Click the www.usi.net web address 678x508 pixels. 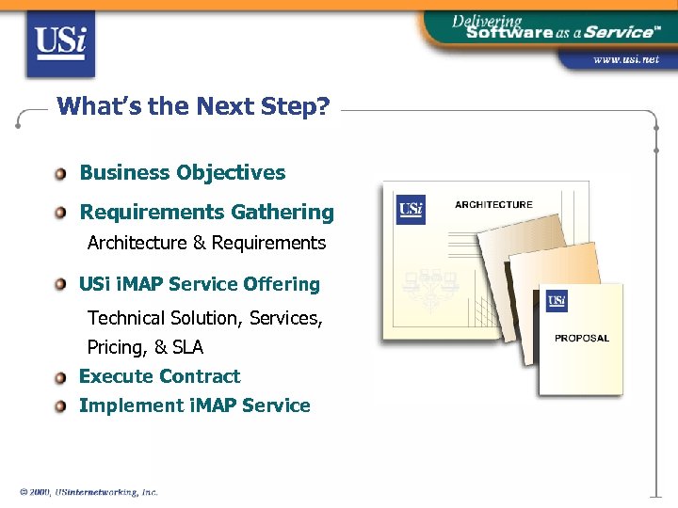click(625, 59)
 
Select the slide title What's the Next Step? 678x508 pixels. click(193, 105)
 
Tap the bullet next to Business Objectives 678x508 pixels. click(61, 173)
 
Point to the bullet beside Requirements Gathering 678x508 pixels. click(61, 214)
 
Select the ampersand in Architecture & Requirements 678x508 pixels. click(199, 244)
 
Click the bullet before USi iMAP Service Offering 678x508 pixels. click(61, 284)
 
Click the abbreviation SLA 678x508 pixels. click(187, 347)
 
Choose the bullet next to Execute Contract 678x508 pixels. click(61, 377)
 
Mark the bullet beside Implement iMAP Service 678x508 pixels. click(61, 406)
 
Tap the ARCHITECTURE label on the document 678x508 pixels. click(493, 204)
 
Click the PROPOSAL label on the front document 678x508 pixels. click(581, 338)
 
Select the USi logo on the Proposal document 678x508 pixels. click(557, 301)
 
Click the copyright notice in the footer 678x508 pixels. click(89, 492)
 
